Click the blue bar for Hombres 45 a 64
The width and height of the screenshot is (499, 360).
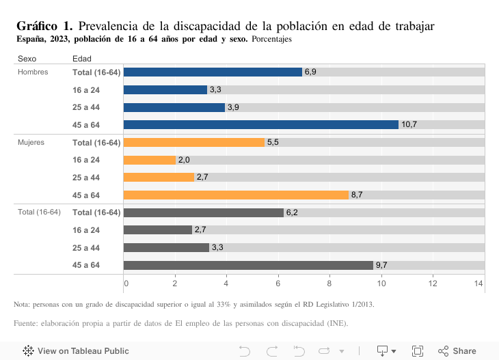pyautogui.click(x=260, y=124)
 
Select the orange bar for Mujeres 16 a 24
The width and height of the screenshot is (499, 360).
pyautogui.click(x=150, y=160)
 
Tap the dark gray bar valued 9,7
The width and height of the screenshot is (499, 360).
pyautogui.click(x=248, y=265)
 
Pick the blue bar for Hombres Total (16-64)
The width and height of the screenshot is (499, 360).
pyautogui.click(x=213, y=72)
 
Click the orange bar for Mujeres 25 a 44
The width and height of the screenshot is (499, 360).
pyautogui.click(x=159, y=177)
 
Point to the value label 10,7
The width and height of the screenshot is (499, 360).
pyautogui.click(x=409, y=124)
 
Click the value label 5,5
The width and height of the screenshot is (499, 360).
pyautogui.click(x=273, y=142)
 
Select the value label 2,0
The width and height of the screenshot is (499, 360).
pyautogui.click(x=184, y=160)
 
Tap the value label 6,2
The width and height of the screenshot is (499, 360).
pyautogui.click(x=291, y=212)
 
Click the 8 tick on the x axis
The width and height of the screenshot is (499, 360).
pyautogui.click(x=329, y=283)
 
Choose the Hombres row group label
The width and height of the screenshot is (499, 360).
pyautogui.click(x=33, y=72)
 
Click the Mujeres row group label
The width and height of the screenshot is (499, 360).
pyautogui.click(x=31, y=142)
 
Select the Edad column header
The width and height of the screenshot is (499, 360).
pyautogui.click(x=81, y=59)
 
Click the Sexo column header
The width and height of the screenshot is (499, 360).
pyautogui.click(x=27, y=59)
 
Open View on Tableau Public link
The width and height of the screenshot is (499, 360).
pyautogui.click(x=76, y=350)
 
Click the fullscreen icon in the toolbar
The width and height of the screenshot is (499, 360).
pyautogui.click(x=417, y=350)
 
